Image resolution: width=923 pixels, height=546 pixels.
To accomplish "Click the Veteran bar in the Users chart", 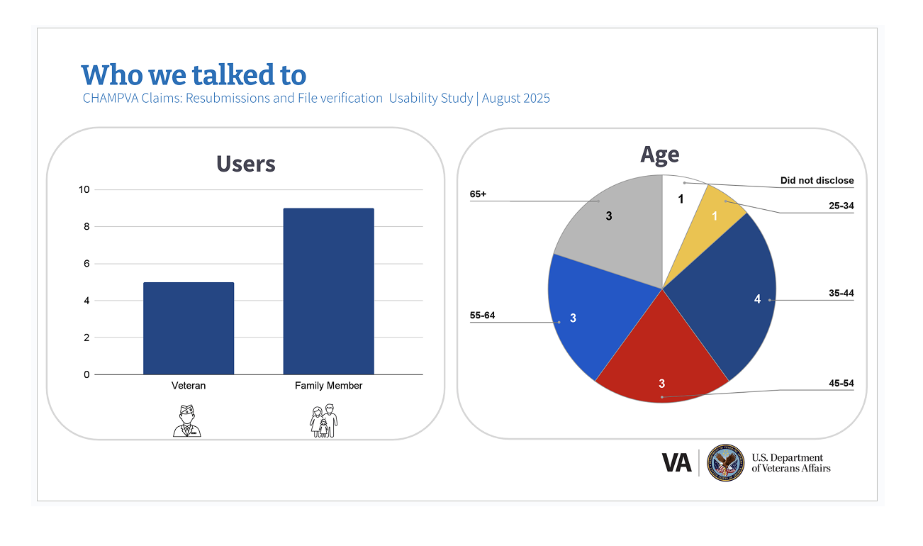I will [189, 328].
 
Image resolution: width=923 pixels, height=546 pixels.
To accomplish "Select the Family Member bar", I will [328, 291].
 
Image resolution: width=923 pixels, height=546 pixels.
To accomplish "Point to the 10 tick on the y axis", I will [84, 189].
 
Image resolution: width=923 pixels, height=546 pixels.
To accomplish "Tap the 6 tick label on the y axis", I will [86, 264].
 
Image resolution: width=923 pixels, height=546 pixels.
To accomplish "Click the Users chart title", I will [245, 164].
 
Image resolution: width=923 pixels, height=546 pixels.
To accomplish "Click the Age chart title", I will [659, 155].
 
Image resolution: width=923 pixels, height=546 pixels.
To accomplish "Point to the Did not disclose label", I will [817, 181].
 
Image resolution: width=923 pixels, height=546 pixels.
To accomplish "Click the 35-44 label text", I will [841, 294].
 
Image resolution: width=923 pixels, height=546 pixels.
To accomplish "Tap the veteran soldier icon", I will [187, 420].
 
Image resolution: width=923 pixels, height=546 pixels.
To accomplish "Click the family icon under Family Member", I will [324, 420].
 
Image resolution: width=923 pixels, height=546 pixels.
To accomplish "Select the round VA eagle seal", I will [725, 463].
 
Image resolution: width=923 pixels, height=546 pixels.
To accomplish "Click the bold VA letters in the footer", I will [676, 463].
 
